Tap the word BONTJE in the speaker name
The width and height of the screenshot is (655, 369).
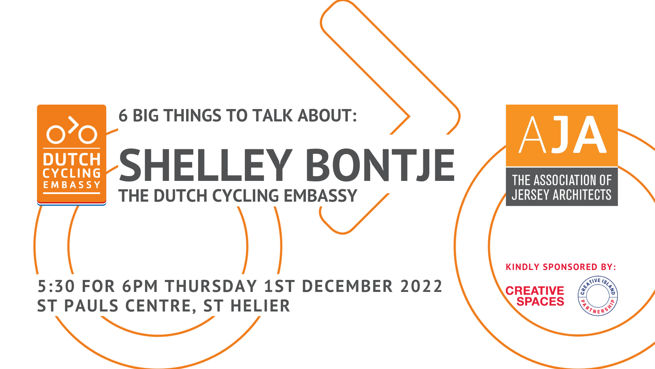[380, 165]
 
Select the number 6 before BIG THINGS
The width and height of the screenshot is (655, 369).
[123, 116]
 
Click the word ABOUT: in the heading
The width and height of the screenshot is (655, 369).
[327, 115]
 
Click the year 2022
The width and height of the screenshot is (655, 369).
[421, 286]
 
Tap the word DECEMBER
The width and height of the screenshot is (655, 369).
[347, 286]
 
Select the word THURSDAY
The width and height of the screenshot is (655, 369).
[211, 286]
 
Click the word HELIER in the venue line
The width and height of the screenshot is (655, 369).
[260, 306]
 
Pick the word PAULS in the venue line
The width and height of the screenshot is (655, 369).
[91, 306]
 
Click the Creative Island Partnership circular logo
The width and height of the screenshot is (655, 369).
[597, 296]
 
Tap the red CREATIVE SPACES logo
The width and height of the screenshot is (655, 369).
[535, 296]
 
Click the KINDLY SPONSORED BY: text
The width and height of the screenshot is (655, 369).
[561, 267]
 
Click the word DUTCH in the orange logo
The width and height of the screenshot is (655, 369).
[71, 160]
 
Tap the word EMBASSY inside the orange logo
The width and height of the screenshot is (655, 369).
[71, 185]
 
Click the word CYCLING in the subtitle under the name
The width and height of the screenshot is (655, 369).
[245, 196]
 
